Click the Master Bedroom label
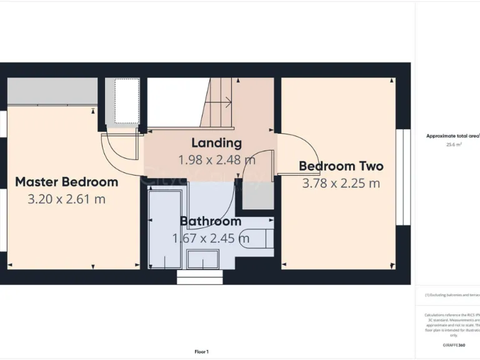click(66, 182)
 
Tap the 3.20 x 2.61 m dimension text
click(66, 199)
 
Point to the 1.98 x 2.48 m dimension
click(216, 159)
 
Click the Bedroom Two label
click(341, 166)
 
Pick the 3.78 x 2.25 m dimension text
click(341, 183)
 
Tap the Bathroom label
click(211, 221)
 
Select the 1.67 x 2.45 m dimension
click(211, 238)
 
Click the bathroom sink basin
click(203, 259)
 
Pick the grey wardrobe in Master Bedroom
click(52, 91)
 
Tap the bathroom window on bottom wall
click(199, 277)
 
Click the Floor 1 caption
click(201, 352)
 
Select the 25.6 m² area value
click(453, 144)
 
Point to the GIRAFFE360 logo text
click(453, 345)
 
